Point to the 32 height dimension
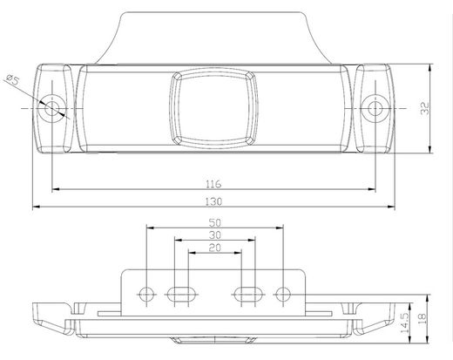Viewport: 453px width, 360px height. pyautogui.click(x=424, y=109)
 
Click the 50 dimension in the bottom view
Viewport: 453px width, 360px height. pyautogui.click(x=214, y=222)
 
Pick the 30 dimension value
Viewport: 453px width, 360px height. pyautogui.click(x=214, y=234)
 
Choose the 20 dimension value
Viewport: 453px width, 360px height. pyautogui.click(x=214, y=248)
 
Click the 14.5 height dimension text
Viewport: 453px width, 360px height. pyautogui.click(x=405, y=324)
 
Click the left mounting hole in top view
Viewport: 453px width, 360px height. pyautogui.click(x=54, y=108)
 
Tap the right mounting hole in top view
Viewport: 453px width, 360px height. pyautogui.click(x=376, y=108)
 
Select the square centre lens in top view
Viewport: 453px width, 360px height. pyautogui.click(x=213, y=107)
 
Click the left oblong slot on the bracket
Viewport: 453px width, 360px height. pyautogui.click(x=180, y=293)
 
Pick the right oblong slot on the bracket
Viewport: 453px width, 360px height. pyautogui.click(x=247, y=293)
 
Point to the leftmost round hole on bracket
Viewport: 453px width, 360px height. pyautogui.click(x=147, y=293)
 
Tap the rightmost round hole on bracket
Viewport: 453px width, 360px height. pyautogui.click(x=281, y=293)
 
